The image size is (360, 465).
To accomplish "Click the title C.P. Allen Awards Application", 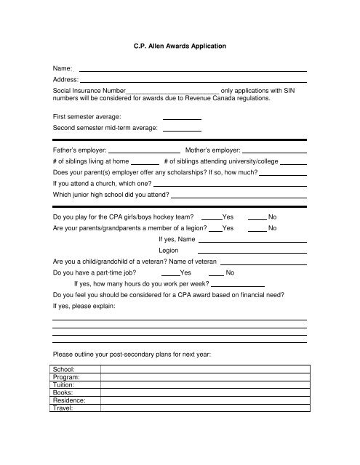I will [x=179, y=46].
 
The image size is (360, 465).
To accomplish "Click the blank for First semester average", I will [x=182, y=118].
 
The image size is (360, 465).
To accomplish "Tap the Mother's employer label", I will [x=213, y=149].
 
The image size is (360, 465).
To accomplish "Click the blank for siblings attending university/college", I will [x=293, y=162].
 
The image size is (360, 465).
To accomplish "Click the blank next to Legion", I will [x=252, y=252].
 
